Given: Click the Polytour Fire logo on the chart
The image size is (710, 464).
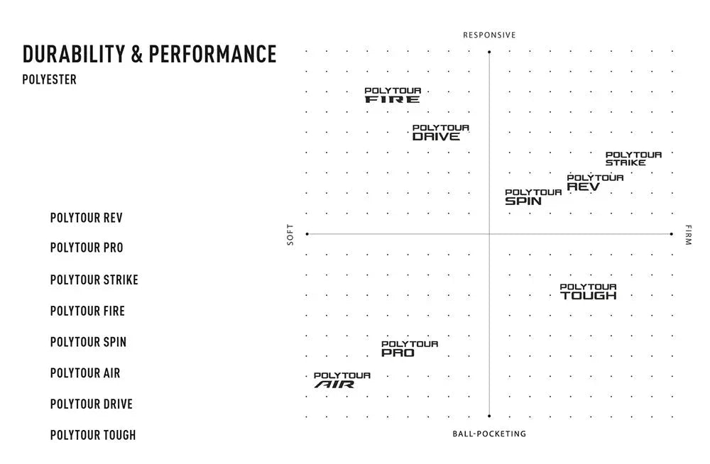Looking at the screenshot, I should tap(393, 95).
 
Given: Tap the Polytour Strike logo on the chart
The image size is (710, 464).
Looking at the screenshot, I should tap(633, 159).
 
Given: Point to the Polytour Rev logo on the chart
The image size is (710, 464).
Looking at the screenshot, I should tap(594, 182).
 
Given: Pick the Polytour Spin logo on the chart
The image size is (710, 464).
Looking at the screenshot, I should tap(532, 197).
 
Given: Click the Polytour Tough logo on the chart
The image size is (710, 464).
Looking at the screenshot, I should tap(588, 292).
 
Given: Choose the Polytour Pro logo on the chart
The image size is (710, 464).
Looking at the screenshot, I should tap(409, 348).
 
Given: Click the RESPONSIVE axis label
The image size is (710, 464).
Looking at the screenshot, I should tap(489, 35).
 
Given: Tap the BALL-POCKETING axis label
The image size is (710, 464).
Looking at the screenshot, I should tap(489, 433).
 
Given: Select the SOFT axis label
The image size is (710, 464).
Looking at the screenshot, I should tap(290, 235).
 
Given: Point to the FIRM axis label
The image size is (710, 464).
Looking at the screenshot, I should tap(687, 235).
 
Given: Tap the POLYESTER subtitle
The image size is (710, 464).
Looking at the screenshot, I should tap(49, 79).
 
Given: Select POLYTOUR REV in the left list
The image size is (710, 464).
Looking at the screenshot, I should tap(86, 218).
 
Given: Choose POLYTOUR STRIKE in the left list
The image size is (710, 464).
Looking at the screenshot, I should tap(94, 280).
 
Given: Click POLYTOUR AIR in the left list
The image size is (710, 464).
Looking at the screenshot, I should tap(85, 372).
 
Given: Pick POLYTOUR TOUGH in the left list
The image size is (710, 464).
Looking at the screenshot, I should tap(92, 435).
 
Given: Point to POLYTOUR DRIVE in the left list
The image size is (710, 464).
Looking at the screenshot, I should tap(91, 404).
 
